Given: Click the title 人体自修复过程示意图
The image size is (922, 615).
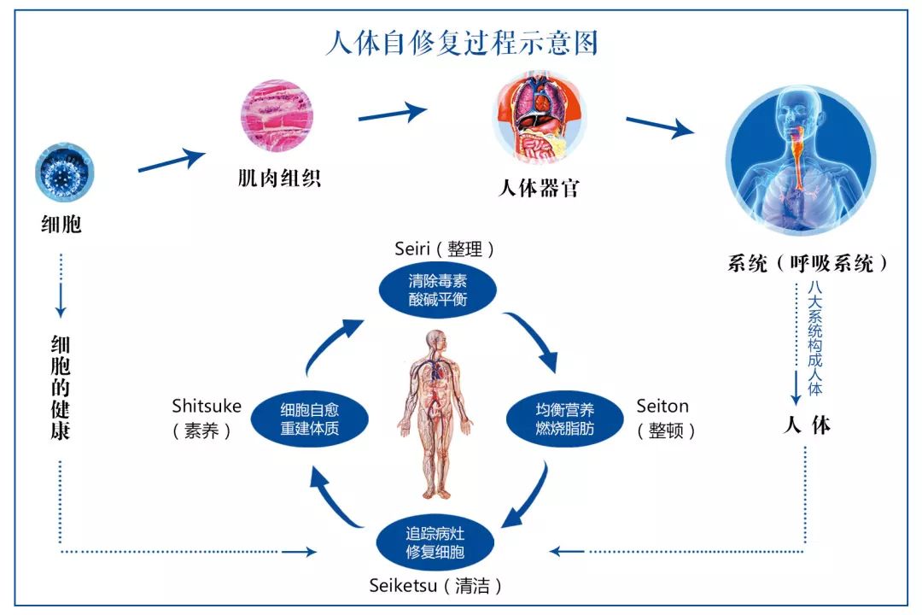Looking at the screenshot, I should pyautogui.click(x=461, y=43).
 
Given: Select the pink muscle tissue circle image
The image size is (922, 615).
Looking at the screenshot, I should pyautogui.click(x=277, y=117).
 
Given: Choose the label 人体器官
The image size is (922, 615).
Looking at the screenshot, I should pyautogui.click(x=539, y=188).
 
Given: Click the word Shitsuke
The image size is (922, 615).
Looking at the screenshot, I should pyautogui.click(x=207, y=406).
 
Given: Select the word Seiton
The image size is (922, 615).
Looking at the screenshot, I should pyautogui.click(x=662, y=407).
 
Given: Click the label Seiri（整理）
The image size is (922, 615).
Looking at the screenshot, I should pyautogui.click(x=445, y=249).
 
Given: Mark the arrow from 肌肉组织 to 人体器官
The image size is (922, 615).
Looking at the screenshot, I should pyautogui.click(x=392, y=112).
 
